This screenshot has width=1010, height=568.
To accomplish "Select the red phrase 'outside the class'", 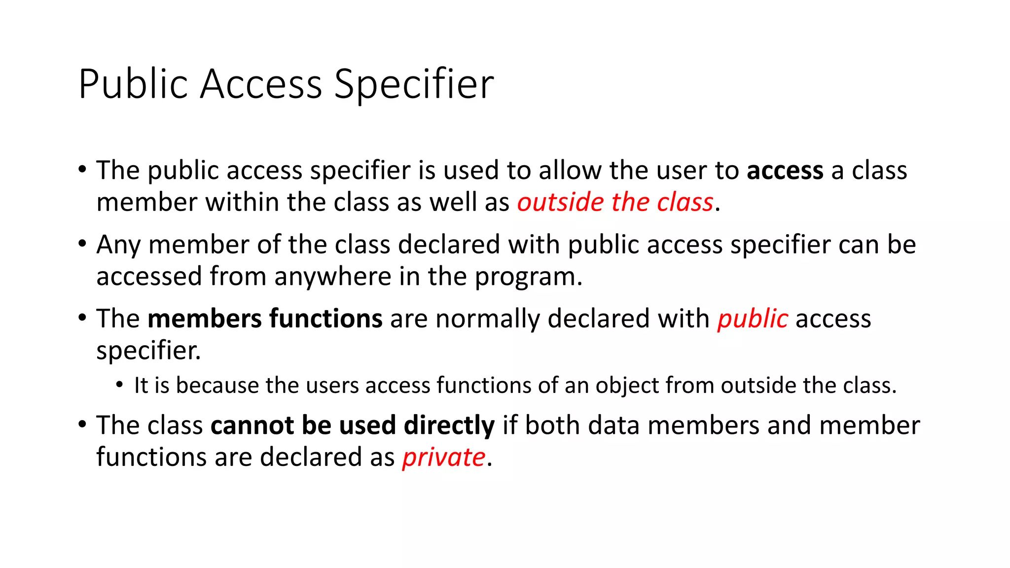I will point(615,203).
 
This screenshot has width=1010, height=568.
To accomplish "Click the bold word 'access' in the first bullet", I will point(785,171).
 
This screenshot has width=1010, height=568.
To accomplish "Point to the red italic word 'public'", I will point(753,319).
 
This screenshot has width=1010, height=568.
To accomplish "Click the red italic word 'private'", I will point(444,458).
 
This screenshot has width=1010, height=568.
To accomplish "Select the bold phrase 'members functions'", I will point(265,319).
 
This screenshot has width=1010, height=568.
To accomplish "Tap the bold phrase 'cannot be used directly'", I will point(352,426).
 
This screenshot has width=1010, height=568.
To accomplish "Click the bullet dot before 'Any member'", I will point(82,244).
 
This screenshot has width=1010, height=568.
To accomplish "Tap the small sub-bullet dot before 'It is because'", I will point(119,385).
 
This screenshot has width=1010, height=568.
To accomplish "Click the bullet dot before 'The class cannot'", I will point(82,425).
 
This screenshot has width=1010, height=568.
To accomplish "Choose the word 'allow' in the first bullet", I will point(570,171).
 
